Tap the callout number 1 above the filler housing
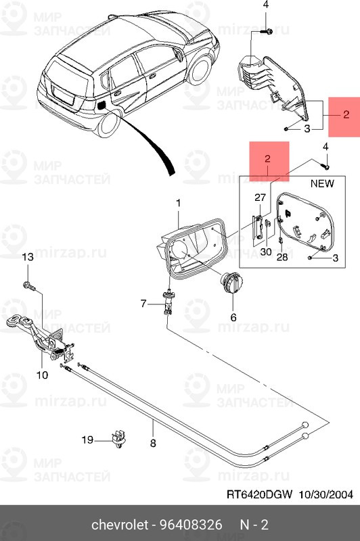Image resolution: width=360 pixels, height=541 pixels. coord(179,204)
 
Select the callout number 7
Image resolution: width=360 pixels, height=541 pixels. coord(143,304)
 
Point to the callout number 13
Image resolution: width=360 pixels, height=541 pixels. coord(28,257)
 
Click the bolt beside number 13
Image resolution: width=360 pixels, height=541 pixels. coord(28,285)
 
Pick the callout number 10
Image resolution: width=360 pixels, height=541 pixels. coord(42,375)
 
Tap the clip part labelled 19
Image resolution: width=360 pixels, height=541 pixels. coord(118,440)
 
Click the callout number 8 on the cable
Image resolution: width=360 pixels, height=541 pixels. coord(153,443)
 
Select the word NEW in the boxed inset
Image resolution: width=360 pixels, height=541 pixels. coord(322,183)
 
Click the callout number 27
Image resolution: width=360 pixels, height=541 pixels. coord(261,197)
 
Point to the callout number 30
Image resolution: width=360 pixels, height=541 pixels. coord(266,252)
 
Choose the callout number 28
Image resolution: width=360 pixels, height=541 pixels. coord(282,257)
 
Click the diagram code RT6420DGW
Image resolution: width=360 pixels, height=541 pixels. coord(259,494)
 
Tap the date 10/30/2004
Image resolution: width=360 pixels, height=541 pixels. coord(325,494)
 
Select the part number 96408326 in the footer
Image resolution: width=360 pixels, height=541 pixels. coord(191,525)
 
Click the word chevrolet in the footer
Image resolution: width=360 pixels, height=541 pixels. coord(120,525)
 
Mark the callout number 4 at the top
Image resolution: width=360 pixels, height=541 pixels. coord(266,5)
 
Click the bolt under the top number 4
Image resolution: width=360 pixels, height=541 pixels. coord(268,32)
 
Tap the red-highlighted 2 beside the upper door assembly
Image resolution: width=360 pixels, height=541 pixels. coord(346,114)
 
